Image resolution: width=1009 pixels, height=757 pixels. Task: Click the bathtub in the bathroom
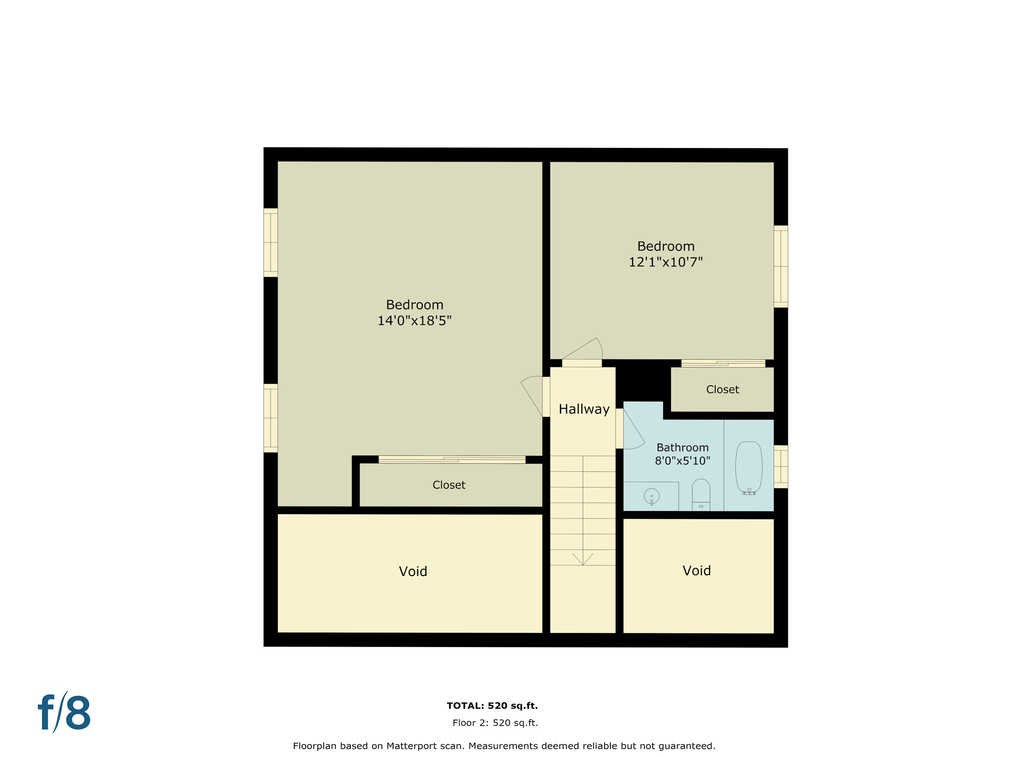click(x=748, y=466)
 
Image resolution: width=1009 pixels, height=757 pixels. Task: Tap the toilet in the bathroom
click(x=701, y=493)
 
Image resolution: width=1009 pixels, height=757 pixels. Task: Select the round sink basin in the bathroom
click(x=651, y=496)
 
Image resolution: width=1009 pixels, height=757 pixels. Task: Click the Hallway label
click(x=584, y=409)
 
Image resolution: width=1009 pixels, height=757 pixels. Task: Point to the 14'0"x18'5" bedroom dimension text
click(x=414, y=321)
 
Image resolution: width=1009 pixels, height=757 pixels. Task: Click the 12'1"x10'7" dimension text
click(x=665, y=262)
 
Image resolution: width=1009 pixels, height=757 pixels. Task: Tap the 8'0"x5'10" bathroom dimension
click(x=682, y=461)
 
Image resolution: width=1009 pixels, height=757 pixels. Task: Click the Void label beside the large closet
click(x=413, y=572)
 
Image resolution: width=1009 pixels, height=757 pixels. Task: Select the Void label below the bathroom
click(x=696, y=571)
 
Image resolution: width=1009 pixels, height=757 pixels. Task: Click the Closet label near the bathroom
click(x=722, y=390)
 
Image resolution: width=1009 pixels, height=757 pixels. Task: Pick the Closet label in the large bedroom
click(x=448, y=485)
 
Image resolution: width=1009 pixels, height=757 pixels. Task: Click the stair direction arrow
click(x=583, y=559)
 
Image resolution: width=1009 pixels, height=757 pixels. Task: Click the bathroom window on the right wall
click(x=780, y=467)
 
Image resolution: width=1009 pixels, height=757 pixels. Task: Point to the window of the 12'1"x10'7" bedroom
click(x=780, y=267)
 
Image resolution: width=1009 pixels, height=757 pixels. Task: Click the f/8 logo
click(x=65, y=713)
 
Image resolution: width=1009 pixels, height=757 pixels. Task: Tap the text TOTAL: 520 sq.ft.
click(x=492, y=706)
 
